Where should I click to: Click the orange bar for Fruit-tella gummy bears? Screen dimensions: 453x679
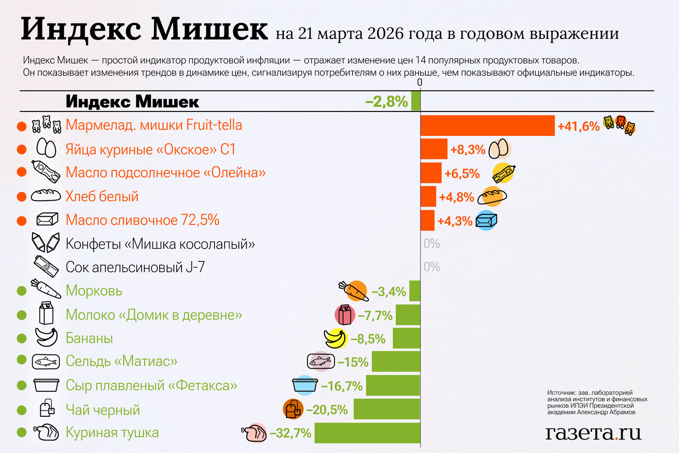487,125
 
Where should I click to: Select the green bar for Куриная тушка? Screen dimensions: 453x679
367,433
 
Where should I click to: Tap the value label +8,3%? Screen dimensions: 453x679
468,149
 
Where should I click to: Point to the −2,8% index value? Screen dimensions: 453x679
387,101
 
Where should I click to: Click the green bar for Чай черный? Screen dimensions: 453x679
387,409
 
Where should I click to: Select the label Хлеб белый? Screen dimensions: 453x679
102,196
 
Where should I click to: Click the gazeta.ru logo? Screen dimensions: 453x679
593,433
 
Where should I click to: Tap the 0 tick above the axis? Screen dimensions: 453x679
420,82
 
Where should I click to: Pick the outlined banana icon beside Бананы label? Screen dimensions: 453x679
47,337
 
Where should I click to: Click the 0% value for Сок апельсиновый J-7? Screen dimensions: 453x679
431,267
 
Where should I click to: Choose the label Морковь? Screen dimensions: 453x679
94,290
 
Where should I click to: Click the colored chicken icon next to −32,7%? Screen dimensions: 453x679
255,433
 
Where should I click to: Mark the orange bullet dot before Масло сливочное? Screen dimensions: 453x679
22,221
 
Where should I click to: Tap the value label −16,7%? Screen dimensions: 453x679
342,386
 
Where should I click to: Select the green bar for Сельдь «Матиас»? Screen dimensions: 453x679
396,361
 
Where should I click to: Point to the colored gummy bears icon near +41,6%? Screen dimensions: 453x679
620,125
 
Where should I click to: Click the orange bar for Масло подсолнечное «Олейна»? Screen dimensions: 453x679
431,173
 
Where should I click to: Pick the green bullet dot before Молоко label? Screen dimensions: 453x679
22,314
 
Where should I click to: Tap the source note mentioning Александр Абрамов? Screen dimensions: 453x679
597,402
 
